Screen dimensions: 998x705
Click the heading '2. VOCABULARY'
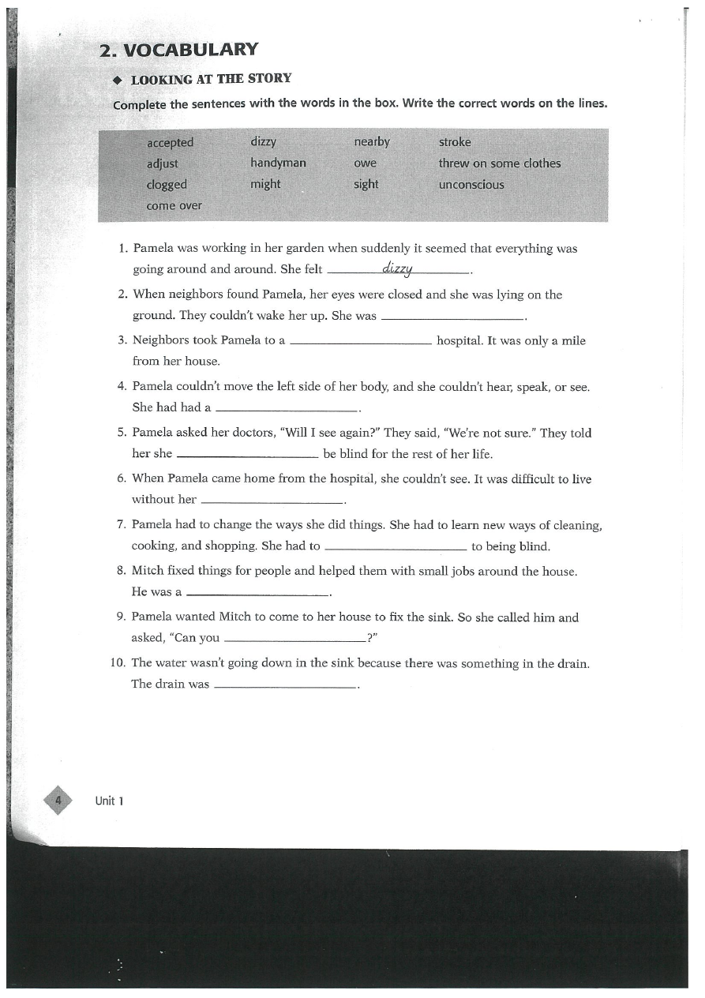(x=178, y=50)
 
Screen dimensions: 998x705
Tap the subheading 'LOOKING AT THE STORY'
(x=211, y=79)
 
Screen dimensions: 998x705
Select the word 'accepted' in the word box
(x=170, y=143)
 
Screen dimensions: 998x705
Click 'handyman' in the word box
(x=278, y=163)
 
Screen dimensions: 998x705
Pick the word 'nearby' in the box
(x=372, y=142)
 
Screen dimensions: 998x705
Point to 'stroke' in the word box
(x=455, y=142)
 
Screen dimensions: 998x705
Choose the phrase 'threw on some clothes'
(x=500, y=163)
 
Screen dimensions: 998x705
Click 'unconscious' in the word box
(x=471, y=185)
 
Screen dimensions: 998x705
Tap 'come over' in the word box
(x=174, y=206)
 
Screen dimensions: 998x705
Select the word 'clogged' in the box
(x=167, y=185)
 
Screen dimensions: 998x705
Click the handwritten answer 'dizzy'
(x=397, y=268)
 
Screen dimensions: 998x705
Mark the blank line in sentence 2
(x=452, y=317)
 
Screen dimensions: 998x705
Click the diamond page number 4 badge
(x=58, y=801)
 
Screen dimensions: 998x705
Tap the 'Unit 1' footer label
(x=110, y=801)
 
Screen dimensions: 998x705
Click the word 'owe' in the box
(x=366, y=163)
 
